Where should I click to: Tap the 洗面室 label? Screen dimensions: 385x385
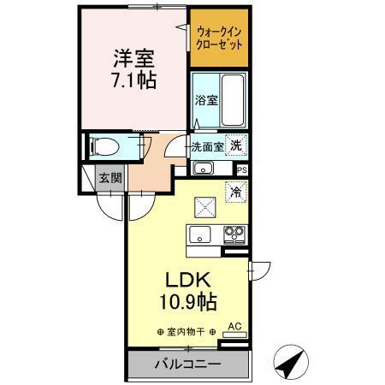coord(207,146)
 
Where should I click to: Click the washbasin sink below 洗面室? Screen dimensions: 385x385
coord(203,167)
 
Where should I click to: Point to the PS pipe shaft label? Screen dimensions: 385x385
coord(242,169)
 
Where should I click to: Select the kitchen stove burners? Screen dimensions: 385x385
coord(234,232)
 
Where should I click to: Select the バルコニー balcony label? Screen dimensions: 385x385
coord(187,364)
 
